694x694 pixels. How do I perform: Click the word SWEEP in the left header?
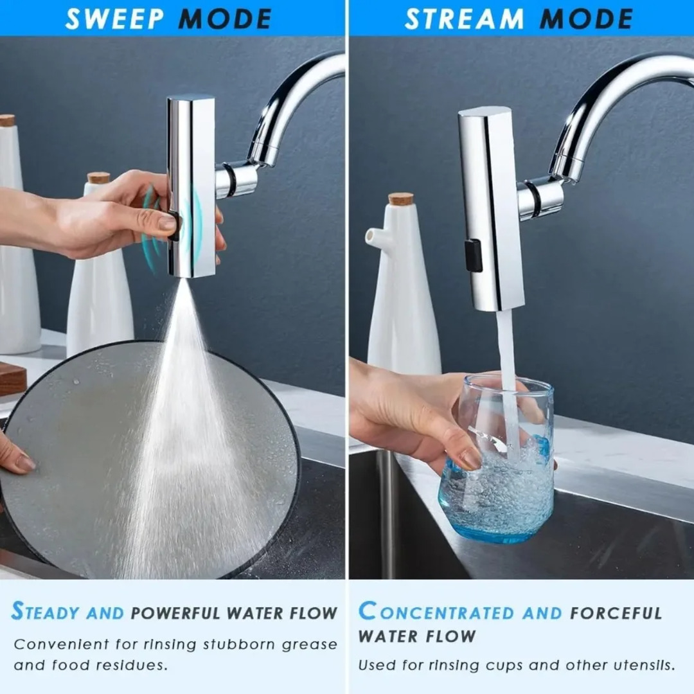pos(114,19)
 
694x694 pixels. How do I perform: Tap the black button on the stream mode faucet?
pos(473,256)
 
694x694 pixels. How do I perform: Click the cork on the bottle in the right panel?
pos(401,199)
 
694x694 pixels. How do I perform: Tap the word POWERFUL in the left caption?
pos(175,613)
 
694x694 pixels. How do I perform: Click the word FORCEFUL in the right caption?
pos(616,613)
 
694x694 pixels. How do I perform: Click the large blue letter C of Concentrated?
pos(368,611)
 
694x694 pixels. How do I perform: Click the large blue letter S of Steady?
pos(18,611)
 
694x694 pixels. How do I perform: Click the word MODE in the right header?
pos(586,19)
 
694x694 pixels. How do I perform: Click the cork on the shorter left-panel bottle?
pos(98,178)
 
